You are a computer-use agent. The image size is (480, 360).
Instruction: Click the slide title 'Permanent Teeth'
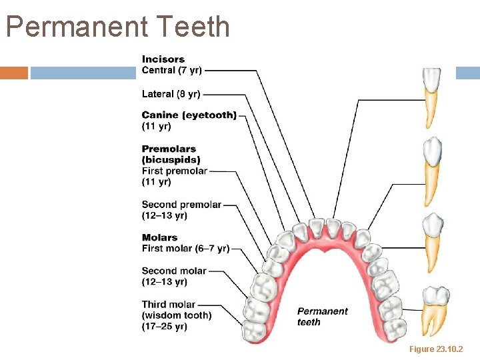click(118, 27)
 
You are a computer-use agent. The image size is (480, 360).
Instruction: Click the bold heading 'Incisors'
click(163, 59)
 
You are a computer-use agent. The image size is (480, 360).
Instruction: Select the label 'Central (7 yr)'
click(172, 70)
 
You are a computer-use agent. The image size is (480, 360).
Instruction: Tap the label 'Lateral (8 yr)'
click(171, 94)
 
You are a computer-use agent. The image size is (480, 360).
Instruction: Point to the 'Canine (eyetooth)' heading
click(189, 115)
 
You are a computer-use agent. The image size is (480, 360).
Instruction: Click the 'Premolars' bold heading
click(169, 149)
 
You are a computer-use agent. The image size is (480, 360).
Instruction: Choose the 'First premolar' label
click(175, 171)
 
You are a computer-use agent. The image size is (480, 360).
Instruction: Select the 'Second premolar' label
click(181, 205)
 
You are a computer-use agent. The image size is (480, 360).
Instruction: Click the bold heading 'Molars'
click(159, 237)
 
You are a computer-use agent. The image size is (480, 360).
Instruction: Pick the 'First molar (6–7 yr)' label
click(185, 249)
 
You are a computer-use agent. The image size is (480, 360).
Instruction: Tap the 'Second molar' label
click(174, 271)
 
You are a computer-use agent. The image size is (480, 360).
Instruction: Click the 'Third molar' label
click(169, 305)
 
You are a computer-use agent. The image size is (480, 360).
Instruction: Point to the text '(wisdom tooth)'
click(177, 315)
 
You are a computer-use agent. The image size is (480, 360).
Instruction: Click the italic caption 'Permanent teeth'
click(322, 317)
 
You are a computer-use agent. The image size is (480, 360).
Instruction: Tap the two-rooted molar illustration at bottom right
click(436, 309)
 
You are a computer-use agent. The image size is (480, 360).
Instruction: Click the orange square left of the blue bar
click(14, 73)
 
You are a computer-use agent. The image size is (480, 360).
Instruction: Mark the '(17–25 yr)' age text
click(164, 326)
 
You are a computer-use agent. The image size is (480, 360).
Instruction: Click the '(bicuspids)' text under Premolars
click(171, 160)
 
